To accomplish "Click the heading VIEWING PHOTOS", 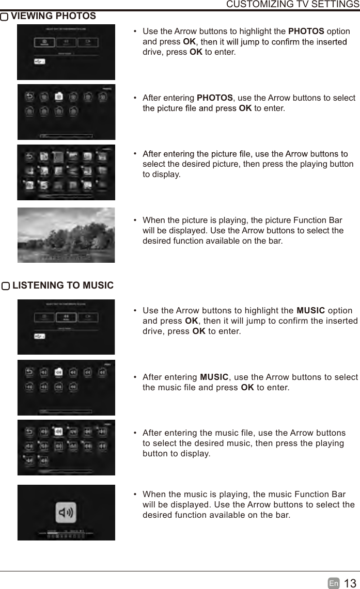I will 53,16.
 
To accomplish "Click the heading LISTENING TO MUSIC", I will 62,285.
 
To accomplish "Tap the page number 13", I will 350,583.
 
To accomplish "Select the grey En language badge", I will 334,583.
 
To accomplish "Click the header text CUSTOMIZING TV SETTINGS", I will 293,5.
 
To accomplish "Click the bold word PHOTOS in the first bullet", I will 306,31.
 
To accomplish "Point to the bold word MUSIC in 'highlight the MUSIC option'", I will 310,310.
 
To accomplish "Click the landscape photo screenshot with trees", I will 66,235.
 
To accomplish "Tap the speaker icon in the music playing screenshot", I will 66,512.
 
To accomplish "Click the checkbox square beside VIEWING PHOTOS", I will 5,17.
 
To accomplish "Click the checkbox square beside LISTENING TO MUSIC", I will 5,286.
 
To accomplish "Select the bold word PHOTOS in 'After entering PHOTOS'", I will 215,98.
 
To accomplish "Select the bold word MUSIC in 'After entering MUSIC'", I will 214,377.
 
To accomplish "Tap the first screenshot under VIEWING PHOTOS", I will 66,52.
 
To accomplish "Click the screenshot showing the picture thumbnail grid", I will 66,172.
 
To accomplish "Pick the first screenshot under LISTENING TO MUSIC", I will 66,327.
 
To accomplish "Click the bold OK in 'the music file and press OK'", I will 247,388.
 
